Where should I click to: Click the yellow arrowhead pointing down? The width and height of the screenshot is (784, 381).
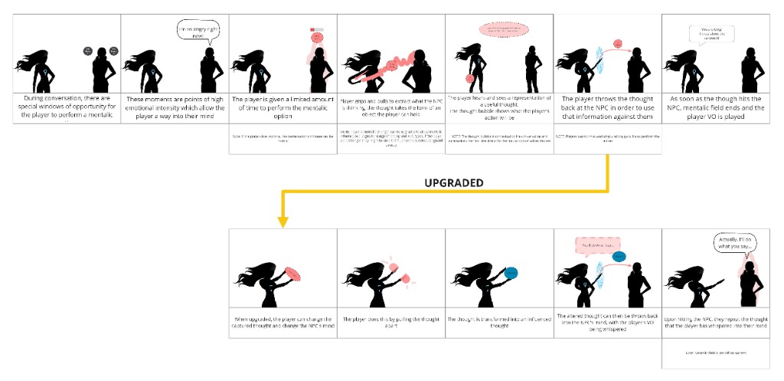click(283, 222)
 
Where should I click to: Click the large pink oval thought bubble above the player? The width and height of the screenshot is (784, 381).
click(499, 30)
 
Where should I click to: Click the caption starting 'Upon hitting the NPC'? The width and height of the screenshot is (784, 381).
click(715, 323)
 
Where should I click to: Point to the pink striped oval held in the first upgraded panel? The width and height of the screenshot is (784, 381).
click(292, 271)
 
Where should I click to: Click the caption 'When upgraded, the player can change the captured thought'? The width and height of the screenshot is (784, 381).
click(283, 323)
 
